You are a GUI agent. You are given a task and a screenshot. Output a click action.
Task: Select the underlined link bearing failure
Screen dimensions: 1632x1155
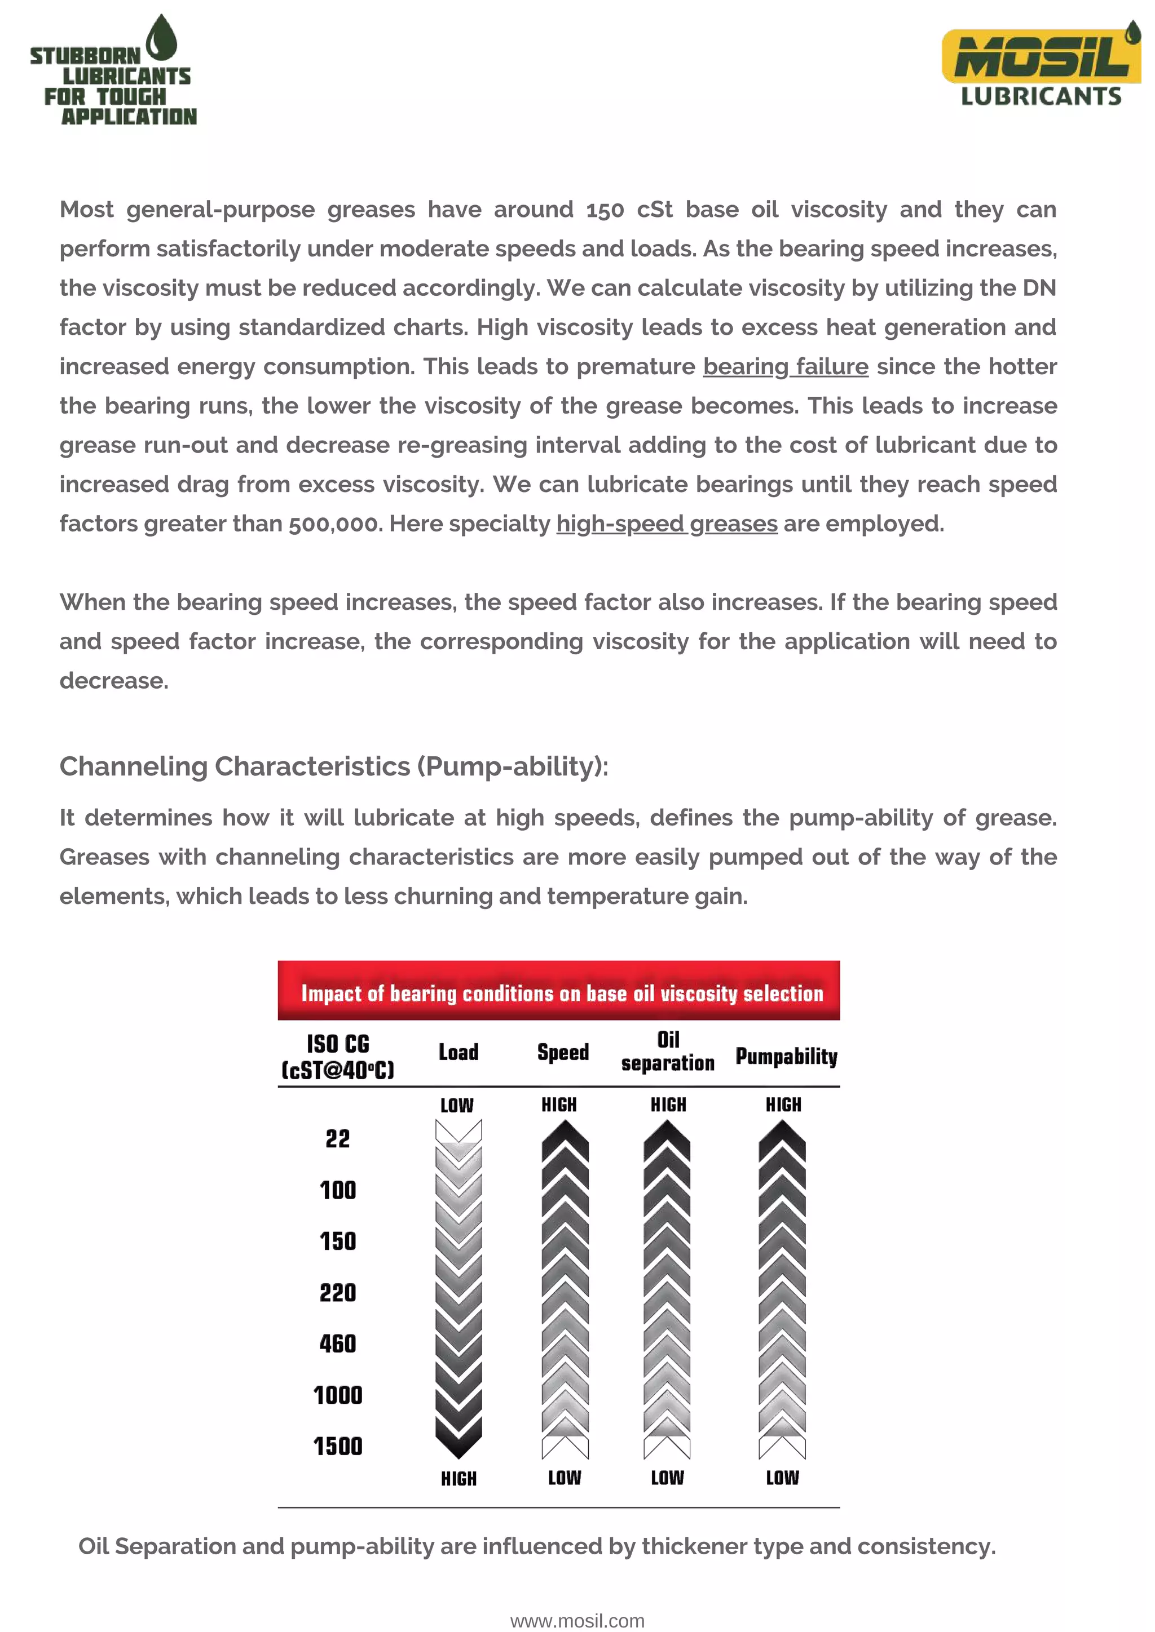[x=785, y=367]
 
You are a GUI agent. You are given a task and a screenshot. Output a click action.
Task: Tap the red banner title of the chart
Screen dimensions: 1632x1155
[x=561, y=993]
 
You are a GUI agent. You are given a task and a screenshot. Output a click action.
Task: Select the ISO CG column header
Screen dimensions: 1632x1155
[x=338, y=1056]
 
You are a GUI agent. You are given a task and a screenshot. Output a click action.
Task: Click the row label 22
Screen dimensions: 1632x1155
[x=337, y=1139]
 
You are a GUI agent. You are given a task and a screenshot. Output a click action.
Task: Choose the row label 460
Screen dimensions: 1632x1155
[x=337, y=1343]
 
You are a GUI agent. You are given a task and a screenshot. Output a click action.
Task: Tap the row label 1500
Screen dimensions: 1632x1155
[x=337, y=1446]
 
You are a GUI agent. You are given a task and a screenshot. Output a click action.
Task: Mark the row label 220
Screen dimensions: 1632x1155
[x=337, y=1292]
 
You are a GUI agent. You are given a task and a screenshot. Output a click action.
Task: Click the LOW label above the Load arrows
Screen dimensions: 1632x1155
[x=457, y=1105]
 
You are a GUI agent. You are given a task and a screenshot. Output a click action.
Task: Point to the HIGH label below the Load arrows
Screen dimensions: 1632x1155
[x=458, y=1479]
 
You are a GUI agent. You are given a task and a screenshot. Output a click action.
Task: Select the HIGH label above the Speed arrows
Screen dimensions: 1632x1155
[x=559, y=1105]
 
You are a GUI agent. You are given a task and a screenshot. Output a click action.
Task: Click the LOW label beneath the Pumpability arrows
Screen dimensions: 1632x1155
[x=782, y=1478]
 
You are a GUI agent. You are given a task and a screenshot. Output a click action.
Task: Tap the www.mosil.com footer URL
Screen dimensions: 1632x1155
[x=577, y=1621]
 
